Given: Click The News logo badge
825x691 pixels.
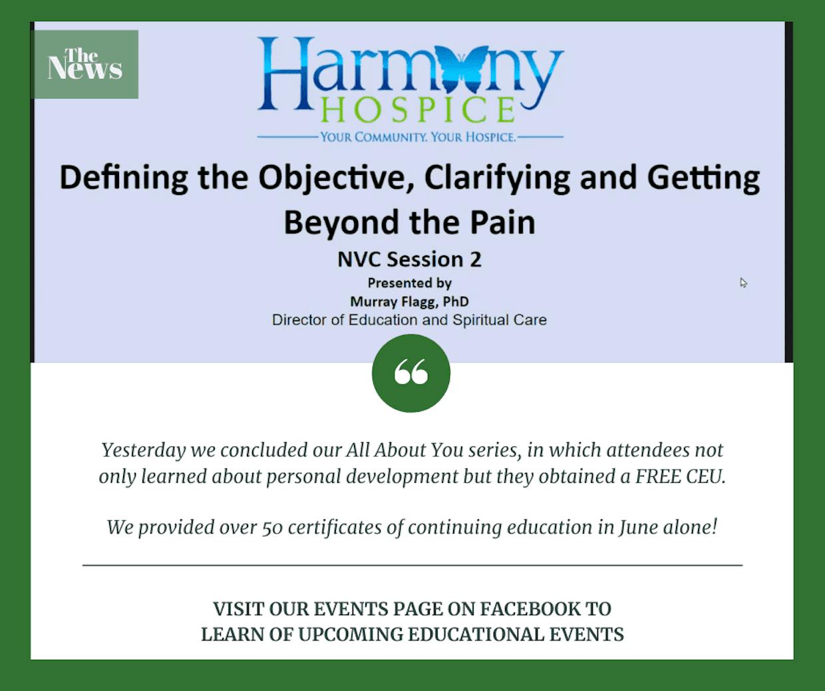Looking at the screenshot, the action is pos(86,65).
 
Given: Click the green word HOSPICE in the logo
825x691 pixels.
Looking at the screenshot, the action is pos(418,110).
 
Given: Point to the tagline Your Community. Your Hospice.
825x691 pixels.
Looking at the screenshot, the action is pos(418,137).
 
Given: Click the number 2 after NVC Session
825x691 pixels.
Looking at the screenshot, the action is pos(475,260).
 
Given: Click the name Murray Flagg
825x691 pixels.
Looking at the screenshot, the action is pos(394,302).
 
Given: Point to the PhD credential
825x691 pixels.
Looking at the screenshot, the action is pos(456,301).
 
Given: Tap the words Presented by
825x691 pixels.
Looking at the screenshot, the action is pos(410,283).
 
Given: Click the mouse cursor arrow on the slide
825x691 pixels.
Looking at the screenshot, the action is pos(743,283).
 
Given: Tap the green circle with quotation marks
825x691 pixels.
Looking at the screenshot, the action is pos(411,373).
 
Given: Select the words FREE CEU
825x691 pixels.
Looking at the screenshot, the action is pos(680,476).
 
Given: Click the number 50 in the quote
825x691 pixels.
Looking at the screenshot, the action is pos(273,527).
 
